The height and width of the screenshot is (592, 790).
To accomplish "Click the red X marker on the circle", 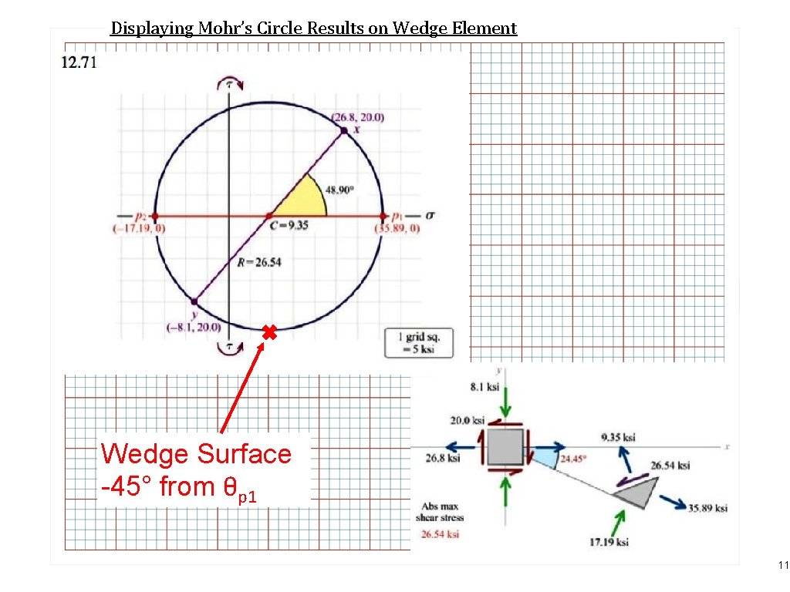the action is [268, 333].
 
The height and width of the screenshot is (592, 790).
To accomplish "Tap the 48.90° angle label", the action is [340, 189].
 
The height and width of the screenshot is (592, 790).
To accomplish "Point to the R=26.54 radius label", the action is [259, 262].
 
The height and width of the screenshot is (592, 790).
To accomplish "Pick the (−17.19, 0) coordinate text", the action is [139, 229].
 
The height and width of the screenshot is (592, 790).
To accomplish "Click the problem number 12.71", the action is [79, 62].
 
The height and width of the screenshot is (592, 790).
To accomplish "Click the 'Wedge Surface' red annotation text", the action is [196, 453].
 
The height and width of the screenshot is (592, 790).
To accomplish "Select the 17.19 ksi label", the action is [609, 543].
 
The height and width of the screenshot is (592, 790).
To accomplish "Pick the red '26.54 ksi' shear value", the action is [439, 533].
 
